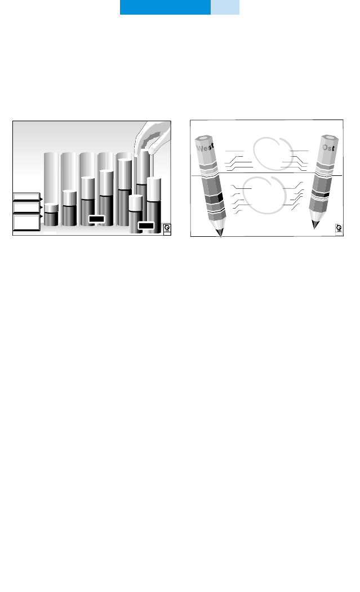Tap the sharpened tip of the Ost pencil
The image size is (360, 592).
315,227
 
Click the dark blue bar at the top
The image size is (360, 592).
165,7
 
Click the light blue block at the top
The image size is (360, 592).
225,7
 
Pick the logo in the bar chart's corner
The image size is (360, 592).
167,228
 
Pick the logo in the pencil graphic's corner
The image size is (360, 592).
339,228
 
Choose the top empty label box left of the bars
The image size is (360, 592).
27,198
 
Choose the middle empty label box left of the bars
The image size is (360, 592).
27,207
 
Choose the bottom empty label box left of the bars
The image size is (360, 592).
27,222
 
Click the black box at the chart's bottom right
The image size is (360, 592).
146,226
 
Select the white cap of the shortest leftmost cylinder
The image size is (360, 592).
51,207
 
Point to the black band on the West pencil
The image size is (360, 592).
214,198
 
